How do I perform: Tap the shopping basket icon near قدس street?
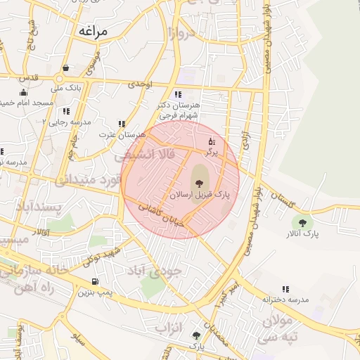point(65,68)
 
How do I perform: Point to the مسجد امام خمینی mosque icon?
point(23,92)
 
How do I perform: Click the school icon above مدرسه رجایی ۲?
point(65,111)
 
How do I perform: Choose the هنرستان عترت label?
point(121,134)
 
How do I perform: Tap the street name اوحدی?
point(139,84)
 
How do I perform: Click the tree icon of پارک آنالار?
point(303,223)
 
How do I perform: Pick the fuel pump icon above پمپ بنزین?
point(85,281)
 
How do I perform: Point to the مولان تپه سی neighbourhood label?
point(281,329)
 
